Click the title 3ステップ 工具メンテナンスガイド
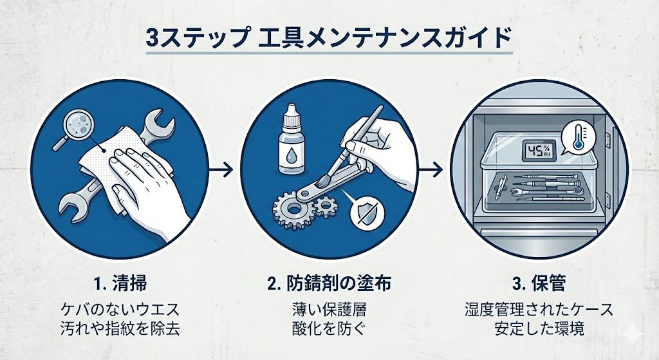(329, 37)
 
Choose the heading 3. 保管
(539, 284)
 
